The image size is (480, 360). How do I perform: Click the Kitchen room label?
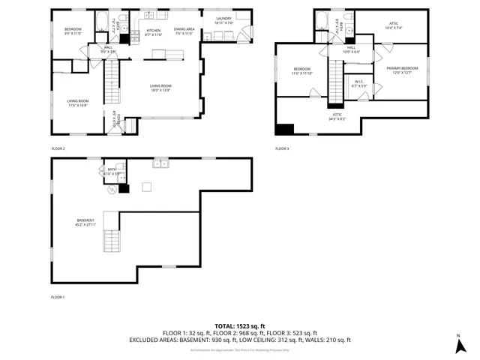click(153, 32)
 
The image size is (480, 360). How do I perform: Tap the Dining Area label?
click(184, 32)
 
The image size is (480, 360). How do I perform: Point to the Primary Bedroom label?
click(402, 70)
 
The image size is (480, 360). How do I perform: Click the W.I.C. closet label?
click(359, 84)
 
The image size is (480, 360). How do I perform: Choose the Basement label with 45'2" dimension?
click(85, 222)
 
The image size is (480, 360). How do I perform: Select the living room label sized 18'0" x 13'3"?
click(161, 88)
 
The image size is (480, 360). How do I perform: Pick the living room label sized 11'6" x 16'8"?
click(77, 103)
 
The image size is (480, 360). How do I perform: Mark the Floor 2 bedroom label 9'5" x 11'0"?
click(72, 31)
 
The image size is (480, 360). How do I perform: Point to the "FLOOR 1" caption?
click(58, 298)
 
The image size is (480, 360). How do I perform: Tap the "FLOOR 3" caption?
click(282, 148)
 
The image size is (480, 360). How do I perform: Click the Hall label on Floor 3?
click(351, 49)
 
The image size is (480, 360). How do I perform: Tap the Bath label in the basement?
click(112, 171)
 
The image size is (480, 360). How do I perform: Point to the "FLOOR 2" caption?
click(58, 148)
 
